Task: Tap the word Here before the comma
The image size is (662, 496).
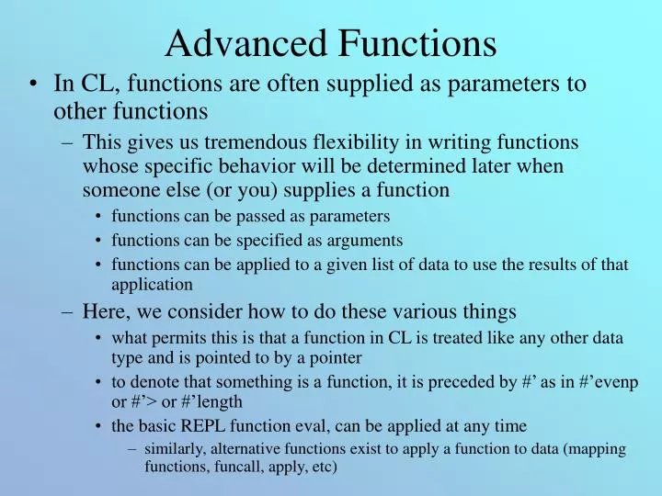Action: [x=103, y=310]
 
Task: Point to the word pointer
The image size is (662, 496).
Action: [x=333, y=357]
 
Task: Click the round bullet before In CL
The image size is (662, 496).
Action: [x=33, y=85]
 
